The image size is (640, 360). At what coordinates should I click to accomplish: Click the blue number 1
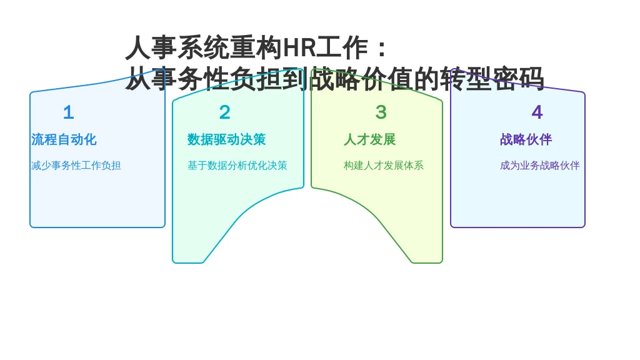point(69,112)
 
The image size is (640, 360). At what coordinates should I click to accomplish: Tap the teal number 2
point(225,112)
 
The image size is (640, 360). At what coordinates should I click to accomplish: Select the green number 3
point(381,112)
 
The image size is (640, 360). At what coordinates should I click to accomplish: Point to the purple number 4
point(537,112)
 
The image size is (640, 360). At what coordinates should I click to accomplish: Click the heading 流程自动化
point(64,139)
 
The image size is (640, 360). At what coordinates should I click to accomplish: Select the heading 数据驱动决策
point(226,139)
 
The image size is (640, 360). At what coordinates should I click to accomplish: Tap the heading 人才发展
point(370,139)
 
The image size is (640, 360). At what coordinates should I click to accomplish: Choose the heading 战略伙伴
point(526,139)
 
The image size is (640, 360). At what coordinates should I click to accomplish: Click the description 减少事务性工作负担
point(76,165)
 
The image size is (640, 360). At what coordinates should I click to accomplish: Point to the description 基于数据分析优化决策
point(237,165)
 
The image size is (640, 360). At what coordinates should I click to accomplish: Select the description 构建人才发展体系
point(384,165)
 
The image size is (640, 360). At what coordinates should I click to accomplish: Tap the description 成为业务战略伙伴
point(540,165)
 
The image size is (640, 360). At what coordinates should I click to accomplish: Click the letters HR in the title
point(299,47)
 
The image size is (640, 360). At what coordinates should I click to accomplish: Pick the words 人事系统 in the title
point(177,47)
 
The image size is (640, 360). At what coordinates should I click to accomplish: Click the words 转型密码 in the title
point(492,79)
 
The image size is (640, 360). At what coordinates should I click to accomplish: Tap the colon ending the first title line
point(382,48)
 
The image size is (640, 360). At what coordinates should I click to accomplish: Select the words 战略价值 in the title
point(361,79)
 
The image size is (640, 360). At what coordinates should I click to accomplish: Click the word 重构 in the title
point(256,47)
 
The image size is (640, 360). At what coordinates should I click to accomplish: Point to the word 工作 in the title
point(342,47)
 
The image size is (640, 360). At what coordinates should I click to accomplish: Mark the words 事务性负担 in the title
point(217,79)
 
